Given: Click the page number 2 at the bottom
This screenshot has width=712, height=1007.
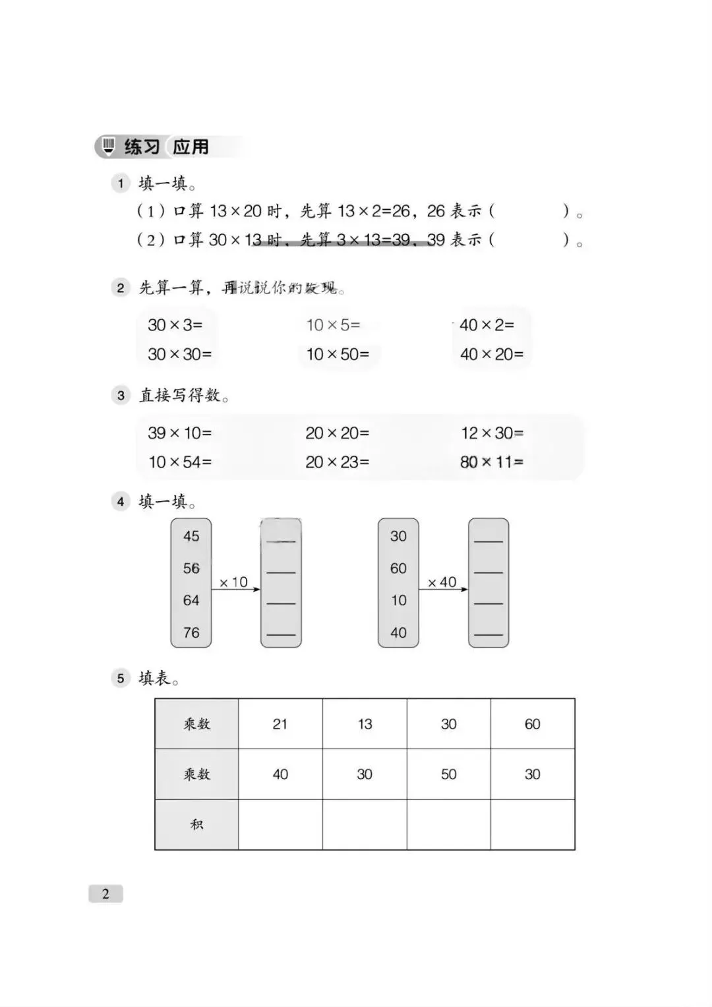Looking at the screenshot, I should coord(105,894).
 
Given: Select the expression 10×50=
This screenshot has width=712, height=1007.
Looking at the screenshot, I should coord(338,354).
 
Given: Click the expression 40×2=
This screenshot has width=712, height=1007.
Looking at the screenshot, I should coord(487,325).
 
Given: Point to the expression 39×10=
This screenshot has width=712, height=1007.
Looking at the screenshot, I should coord(179,433).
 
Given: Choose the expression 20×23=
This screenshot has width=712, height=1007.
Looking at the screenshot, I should coord(337,462).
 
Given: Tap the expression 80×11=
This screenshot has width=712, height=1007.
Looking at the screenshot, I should coord(492,462).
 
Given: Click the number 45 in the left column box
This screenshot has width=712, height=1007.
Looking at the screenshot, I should coord(191,536).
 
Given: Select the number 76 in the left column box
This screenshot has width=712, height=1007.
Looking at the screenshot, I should coord(191,632).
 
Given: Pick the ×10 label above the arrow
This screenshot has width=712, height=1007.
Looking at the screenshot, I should coord(233,582).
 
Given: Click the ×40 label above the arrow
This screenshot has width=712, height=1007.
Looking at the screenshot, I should coord(442,582).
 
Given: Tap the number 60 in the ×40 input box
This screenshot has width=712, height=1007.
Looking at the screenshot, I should coord(398,568).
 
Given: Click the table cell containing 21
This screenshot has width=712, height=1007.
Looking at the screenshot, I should coord(280,724).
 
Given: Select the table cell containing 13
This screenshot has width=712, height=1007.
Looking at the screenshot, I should coord(365,724).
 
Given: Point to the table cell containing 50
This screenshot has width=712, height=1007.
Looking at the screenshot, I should coord(448,774).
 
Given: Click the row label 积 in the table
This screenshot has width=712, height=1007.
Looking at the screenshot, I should coord(196,824).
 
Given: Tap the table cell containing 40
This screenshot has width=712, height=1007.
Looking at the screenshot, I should coord(280,774).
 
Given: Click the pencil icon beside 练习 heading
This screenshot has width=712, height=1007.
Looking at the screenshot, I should coord(109,146).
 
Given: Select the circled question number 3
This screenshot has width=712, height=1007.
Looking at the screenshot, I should coord(121,396).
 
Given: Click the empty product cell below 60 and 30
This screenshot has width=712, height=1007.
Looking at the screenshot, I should coord(533,824).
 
